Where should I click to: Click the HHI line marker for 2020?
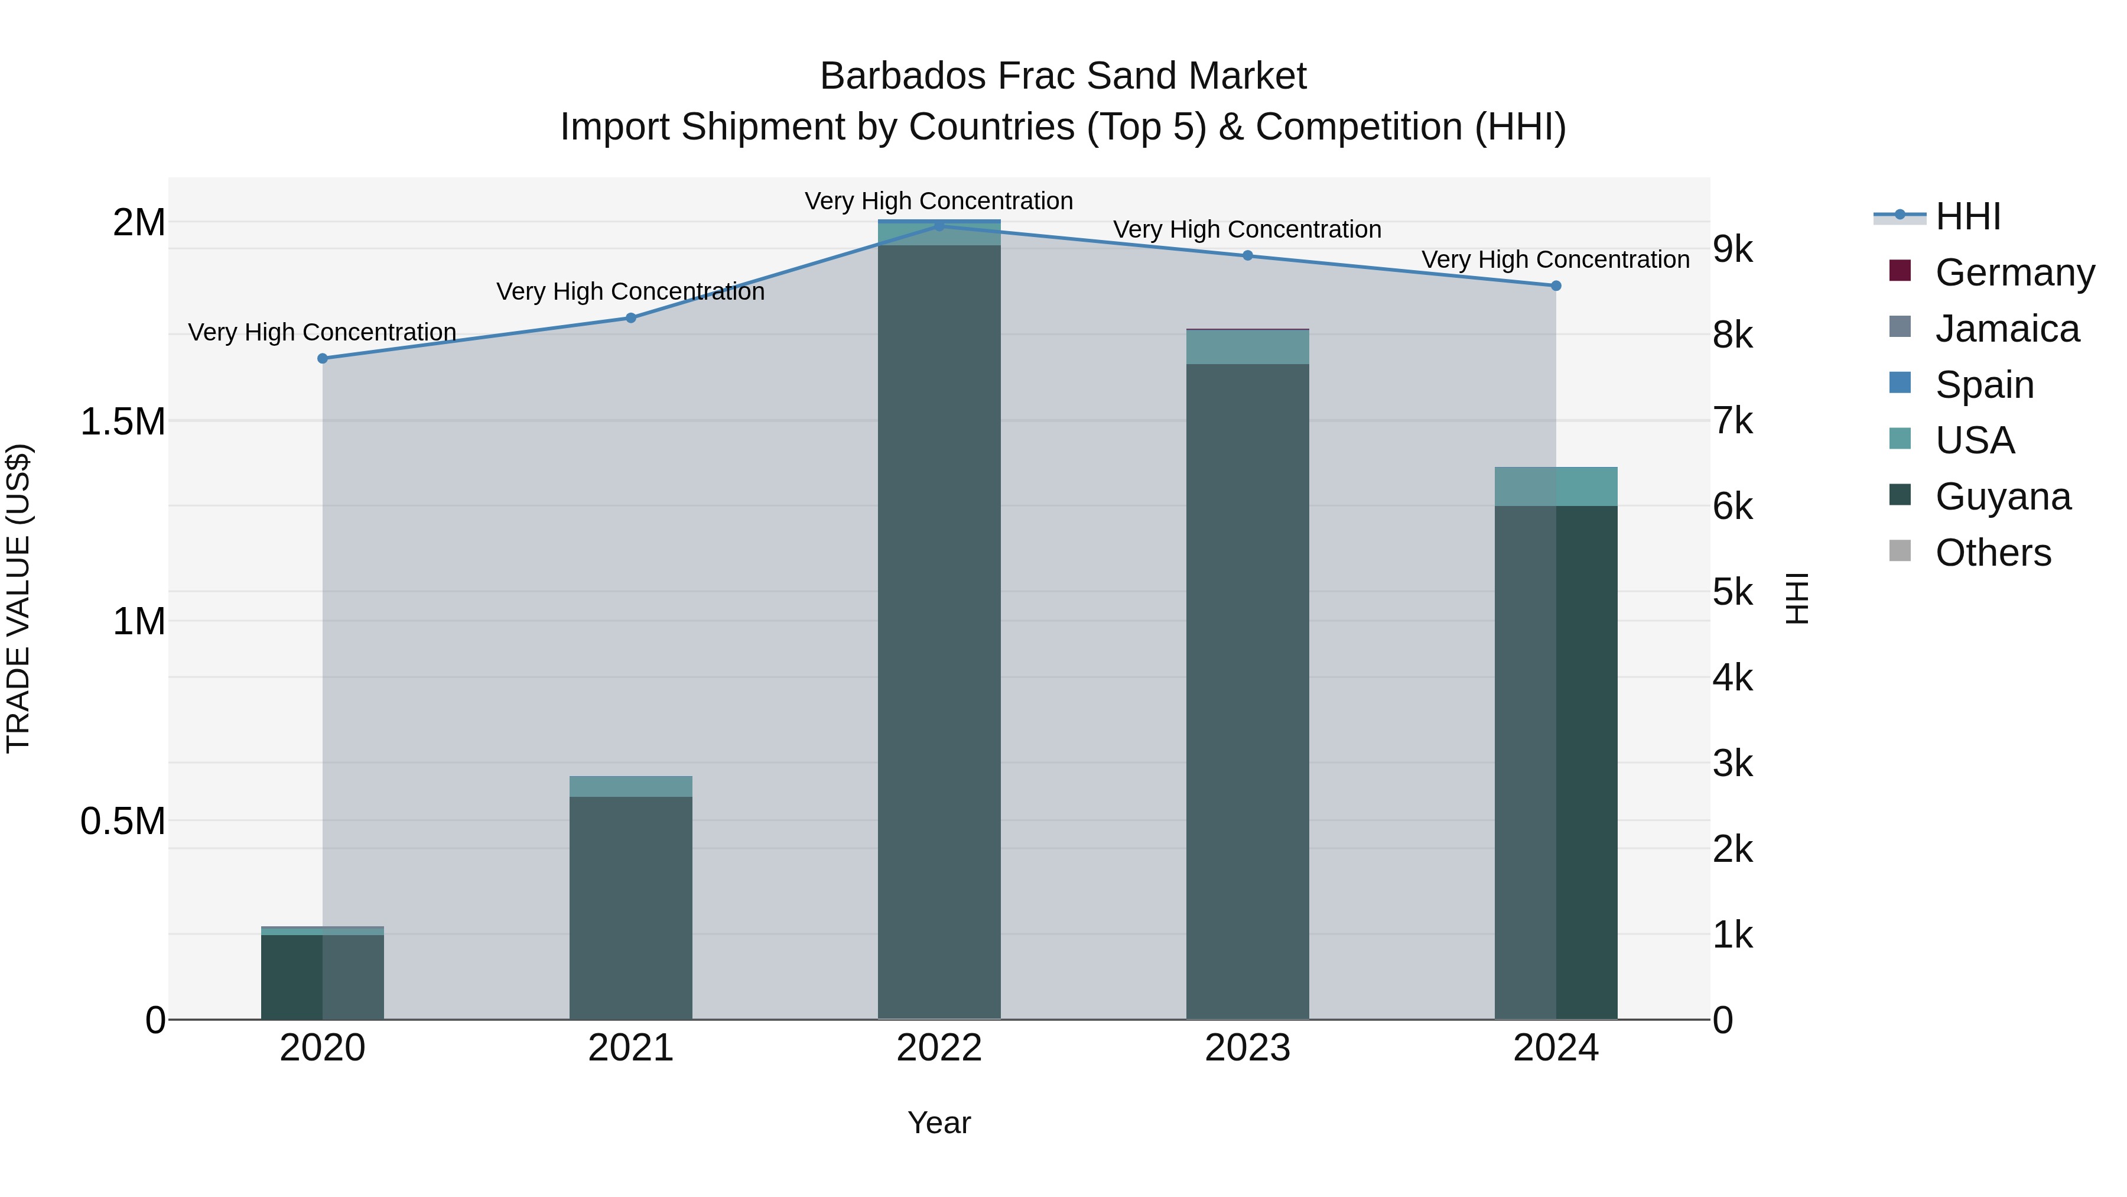[323, 359]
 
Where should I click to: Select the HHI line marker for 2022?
[939, 226]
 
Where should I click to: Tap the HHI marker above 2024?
[1556, 286]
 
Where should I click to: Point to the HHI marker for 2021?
[631, 318]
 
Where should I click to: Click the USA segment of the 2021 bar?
[631, 786]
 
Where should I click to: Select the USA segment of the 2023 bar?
[1248, 347]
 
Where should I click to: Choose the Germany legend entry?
[2014, 273]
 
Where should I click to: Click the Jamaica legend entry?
[2006, 329]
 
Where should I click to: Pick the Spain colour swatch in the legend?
[1900, 383]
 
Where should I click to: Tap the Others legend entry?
[1992, 553]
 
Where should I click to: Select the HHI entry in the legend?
[1967, 216]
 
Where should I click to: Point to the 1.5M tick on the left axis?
[123, 421]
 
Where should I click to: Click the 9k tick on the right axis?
[1732, 249]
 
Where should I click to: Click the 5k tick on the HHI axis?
[1732, 592]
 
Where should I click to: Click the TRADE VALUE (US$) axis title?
[18, 598]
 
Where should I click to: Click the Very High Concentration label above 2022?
[939, 201]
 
